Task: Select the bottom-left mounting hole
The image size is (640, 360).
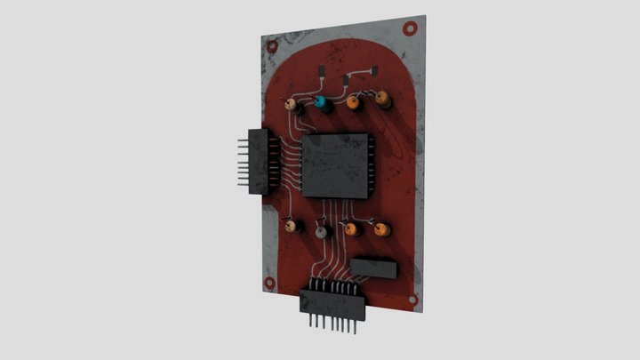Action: click(269, 282)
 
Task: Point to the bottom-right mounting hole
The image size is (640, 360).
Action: click(412, 301)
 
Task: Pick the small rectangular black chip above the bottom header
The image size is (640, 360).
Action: click(373, 268)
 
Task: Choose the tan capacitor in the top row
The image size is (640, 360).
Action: click(291, 104)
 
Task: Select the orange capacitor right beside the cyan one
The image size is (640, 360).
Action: click(353, 101)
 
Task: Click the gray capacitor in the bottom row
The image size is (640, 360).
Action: click(322, 230)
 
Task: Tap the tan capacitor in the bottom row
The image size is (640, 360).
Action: click(291, 227)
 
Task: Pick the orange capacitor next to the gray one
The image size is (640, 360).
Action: click(351, 229)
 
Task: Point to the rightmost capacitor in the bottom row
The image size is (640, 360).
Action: click(381, 230)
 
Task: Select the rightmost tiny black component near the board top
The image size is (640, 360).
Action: click(375, 71)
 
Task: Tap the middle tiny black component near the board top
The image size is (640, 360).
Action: click(345, 82)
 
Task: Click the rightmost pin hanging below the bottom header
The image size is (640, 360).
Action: click(356, 326)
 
